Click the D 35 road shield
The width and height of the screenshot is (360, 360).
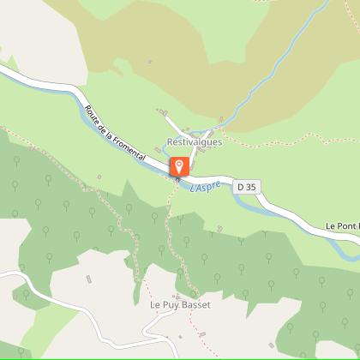point(247,186)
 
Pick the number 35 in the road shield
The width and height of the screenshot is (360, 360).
point(251,186)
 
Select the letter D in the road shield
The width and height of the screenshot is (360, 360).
point(242,186)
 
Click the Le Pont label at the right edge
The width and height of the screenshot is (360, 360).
point(342,226)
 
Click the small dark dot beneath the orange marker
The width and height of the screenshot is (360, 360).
point(177,179)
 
